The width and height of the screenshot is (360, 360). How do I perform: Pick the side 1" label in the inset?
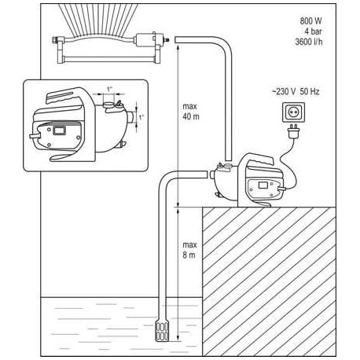[x=140, y=118]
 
